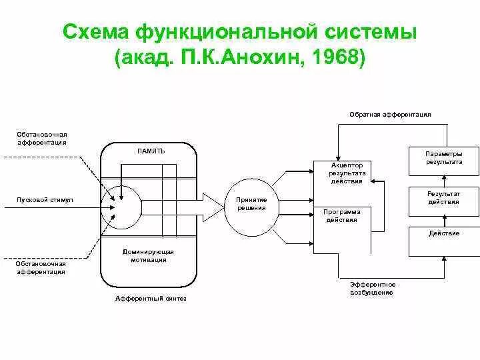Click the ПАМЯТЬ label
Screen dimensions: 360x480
tap(151, 151)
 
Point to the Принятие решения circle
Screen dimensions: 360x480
tap(251, 204)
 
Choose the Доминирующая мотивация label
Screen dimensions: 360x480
tap(148, 256)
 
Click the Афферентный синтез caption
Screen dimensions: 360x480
tap(151, 299)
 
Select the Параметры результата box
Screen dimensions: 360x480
tap(443, 158)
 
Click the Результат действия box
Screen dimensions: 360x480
tap(443, 198)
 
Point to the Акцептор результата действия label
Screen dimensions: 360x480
tap(345, 173)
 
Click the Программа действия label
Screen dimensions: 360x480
tap(341, 215)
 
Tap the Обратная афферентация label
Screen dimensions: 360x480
tap(390, 115)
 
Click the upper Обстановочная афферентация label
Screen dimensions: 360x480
tap(41, 139)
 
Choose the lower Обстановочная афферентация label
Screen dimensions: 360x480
tap(41, 267)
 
